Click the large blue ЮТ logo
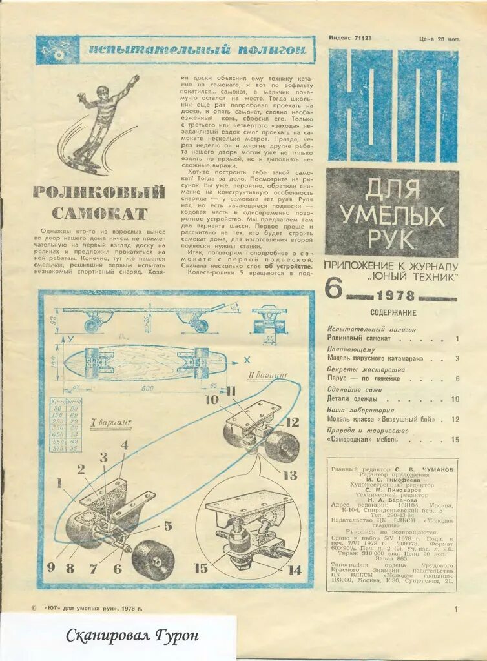pyautogui.click(x=392, y=106)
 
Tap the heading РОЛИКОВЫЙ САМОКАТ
pyautogui.click(x=99, y=202)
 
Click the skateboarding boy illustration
pyautogui.click(x=103, y=126)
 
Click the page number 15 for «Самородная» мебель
pyautogui.click(x=455, y=440)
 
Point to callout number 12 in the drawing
pyautogui.click(x=292, y=423)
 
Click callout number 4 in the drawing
pyautogui.click(x=124, y=445)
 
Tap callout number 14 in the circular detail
pyautogui.click(x=295, y=570)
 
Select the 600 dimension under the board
pyautogui.click(x=149, y=388)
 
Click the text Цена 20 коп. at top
pyautogui.click(x=439, y=39)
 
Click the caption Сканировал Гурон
pyautogui.click(x=132, y=636)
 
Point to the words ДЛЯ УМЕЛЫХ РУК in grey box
pyautogui.click(x=391, y=214)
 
